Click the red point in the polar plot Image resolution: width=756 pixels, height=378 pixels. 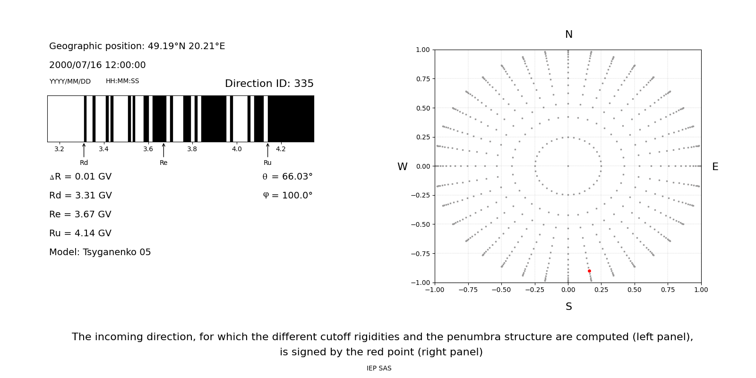[589, 271]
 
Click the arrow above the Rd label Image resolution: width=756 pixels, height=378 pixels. [84, 150]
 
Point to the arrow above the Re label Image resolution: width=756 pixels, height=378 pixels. [163, 150]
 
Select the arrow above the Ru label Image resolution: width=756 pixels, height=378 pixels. [267, 150]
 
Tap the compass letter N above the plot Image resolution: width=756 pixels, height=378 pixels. [568, 34]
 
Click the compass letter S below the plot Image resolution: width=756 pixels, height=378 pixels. [568, 307]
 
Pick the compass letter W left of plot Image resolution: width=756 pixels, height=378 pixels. [402, 167]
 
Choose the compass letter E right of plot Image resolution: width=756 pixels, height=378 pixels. [715, 167]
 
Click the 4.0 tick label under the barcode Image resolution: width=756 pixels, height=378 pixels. [236, 149]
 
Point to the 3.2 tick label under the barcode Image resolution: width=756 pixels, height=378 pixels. [59, 149]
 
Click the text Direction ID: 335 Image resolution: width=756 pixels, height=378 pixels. [269, 84]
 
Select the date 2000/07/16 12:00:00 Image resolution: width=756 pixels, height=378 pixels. [97, 65]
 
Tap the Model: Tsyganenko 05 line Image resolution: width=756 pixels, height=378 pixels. [100, 252]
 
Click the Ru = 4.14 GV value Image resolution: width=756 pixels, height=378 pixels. [80, 233]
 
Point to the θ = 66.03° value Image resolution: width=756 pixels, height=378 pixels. [287, 177]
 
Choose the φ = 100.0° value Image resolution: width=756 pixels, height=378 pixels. [287, 196]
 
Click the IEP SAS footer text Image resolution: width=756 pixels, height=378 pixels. [378, 369]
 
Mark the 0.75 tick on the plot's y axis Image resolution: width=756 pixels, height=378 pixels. [422, 79]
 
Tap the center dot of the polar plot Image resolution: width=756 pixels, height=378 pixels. [568, 166]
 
